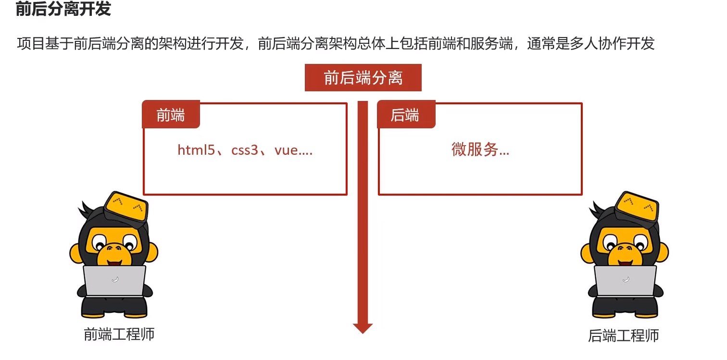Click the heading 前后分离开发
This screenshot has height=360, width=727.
63,9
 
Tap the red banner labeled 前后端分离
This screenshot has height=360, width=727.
363,78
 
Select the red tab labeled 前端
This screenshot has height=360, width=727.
171,115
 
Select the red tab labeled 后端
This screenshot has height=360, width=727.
405,115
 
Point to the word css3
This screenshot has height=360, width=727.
245,150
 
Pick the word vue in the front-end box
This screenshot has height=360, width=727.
287,150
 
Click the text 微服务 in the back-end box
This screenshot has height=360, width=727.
475,150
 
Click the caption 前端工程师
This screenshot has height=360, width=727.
119,334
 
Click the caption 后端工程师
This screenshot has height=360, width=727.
623,335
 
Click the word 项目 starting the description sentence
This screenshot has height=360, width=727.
27,44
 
